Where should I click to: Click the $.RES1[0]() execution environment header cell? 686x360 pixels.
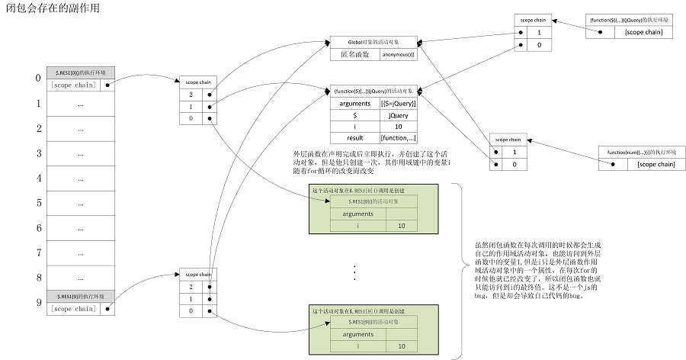click(x=80, y=72)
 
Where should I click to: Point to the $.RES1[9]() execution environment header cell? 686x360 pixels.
click(x=80, y=295)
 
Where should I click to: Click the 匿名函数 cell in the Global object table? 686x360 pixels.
click(x=353, y=54)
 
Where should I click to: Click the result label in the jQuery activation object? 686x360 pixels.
click(x=354, y=138)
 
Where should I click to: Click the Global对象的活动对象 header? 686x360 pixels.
click(x=373, y=41)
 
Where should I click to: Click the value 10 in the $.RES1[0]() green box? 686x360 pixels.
click(x=401, y=226)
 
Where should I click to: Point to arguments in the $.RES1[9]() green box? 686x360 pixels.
click(x=357, y=334)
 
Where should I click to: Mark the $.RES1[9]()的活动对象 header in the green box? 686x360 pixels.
click(x=373, y=323)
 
